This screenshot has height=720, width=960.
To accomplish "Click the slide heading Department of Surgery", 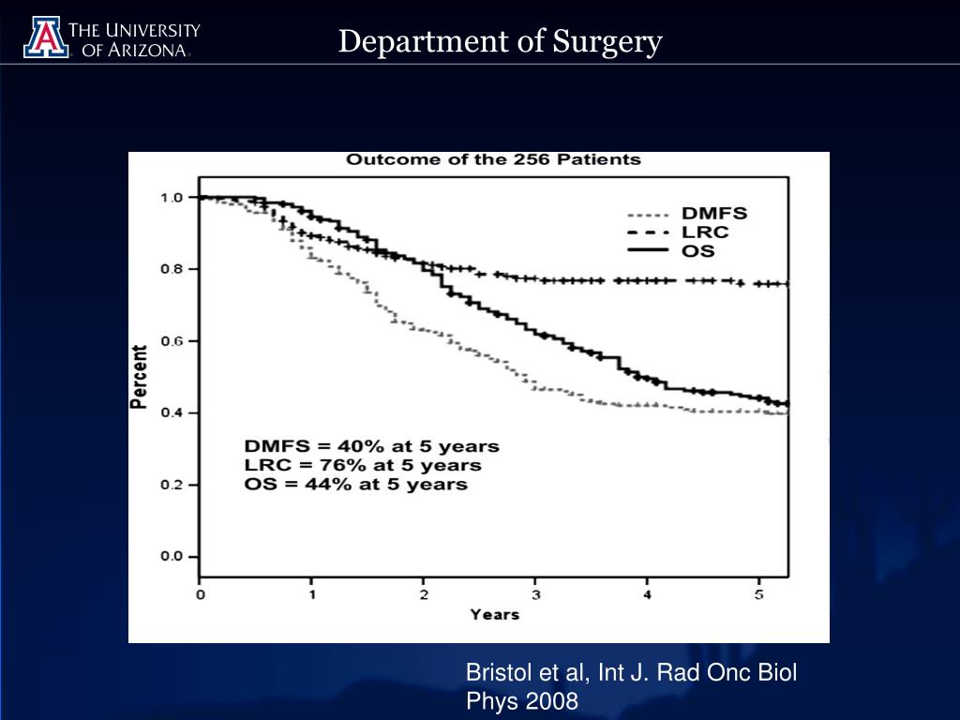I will point(501,42).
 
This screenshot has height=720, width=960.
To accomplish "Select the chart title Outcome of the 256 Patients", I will point(494,159).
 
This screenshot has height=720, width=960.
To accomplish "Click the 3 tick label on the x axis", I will point(536,594).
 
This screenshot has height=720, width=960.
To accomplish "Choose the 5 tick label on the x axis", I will point(760,594).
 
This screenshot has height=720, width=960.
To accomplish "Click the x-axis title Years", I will point(494,615).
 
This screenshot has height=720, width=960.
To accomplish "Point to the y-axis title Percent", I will point(139,377).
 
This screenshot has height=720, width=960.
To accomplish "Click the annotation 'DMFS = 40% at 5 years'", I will point(371,446).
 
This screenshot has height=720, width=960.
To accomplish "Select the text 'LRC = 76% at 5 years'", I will point(362,465).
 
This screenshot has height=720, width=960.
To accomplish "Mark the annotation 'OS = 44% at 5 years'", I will point(355,485).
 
